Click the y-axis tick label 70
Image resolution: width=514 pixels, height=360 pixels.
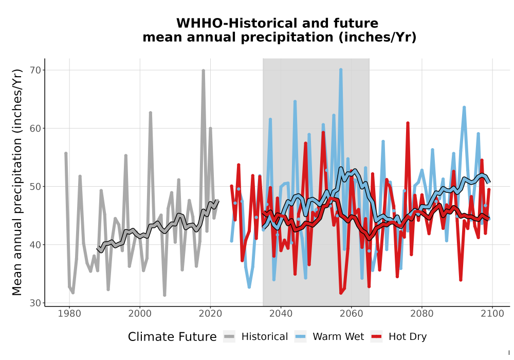[x=36, y=70]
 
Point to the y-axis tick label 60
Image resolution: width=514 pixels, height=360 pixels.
[x=36, y=128]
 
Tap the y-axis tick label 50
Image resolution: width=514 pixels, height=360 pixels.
[x=36, y=187]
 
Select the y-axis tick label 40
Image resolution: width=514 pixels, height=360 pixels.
[x=36, y=245]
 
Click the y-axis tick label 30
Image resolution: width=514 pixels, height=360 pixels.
[x=36, y=303]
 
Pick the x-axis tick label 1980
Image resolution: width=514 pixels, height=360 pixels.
[x=69, y=314]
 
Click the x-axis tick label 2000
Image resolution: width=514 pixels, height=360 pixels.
[x=140, y=314]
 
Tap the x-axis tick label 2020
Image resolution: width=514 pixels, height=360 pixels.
[x=210, y=314]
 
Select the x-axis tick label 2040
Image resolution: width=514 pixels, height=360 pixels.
[x=281, y=314]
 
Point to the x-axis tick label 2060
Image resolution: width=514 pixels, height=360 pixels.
[x=351, y=314]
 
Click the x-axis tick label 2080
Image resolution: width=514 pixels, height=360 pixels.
[x=421, y=314]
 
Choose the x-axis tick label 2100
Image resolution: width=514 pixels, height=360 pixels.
[x=492, y=314]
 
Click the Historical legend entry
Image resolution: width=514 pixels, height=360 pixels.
[x=255, y=337]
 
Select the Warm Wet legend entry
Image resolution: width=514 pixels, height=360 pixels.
[x=329, y=337]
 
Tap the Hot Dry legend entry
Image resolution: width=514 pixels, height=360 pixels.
[x=399, y=337]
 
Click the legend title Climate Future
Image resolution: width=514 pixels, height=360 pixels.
[x=172, y=337]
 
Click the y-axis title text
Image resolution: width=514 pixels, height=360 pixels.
[x=17, y=182]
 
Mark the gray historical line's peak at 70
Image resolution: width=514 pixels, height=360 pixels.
[x=203, y=70]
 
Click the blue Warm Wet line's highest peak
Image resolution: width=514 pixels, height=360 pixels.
[x=341, y=69]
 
